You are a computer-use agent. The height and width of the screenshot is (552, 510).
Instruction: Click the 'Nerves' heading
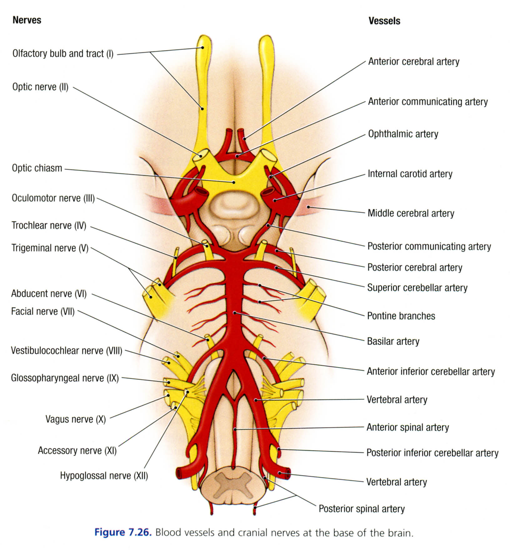(x=27, y=20)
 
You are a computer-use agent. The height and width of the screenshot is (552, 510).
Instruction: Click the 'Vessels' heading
(x=384, y=21)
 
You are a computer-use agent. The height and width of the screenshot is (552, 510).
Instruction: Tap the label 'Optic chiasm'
(x=37, y=168)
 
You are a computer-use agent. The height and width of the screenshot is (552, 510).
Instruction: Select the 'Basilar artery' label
(x=393, y=341)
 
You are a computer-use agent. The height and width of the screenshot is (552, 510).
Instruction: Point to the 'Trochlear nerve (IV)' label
(x=49, y=225)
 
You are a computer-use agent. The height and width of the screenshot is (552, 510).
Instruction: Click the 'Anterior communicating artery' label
(x=427, y=102)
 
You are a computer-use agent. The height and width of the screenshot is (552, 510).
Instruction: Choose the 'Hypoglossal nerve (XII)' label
(x=104, y=476)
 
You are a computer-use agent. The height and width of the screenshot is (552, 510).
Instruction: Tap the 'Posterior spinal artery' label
(x=361, y=509)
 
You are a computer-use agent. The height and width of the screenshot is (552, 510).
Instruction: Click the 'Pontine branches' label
(x=401, y=316)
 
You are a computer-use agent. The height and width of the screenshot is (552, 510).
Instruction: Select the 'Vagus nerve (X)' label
(x=76, y=419)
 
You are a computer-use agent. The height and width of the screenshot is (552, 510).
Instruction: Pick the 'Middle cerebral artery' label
(x=411, y=213)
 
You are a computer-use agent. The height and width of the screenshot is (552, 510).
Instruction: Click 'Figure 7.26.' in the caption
(x=123, y=532)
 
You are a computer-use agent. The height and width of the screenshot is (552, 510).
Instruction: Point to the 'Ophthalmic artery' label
(x=403, y=134)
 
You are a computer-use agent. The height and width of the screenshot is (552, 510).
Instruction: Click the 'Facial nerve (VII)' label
(x=43, y=312)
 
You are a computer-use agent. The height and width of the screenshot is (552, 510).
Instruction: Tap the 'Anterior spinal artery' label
(x=407, y=427)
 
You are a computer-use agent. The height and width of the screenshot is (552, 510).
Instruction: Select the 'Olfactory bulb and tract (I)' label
(x=63, y=54)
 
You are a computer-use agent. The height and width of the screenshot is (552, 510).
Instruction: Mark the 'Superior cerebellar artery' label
(x=417, y=288)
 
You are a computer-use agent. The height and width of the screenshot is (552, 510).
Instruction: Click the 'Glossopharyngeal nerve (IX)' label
(x=65, y=378)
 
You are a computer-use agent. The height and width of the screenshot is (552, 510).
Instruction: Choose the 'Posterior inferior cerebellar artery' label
(x=432, y=453)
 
